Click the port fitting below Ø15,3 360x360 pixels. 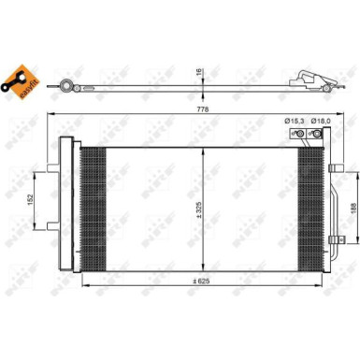[300, 137]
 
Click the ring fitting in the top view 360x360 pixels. [66, 86]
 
